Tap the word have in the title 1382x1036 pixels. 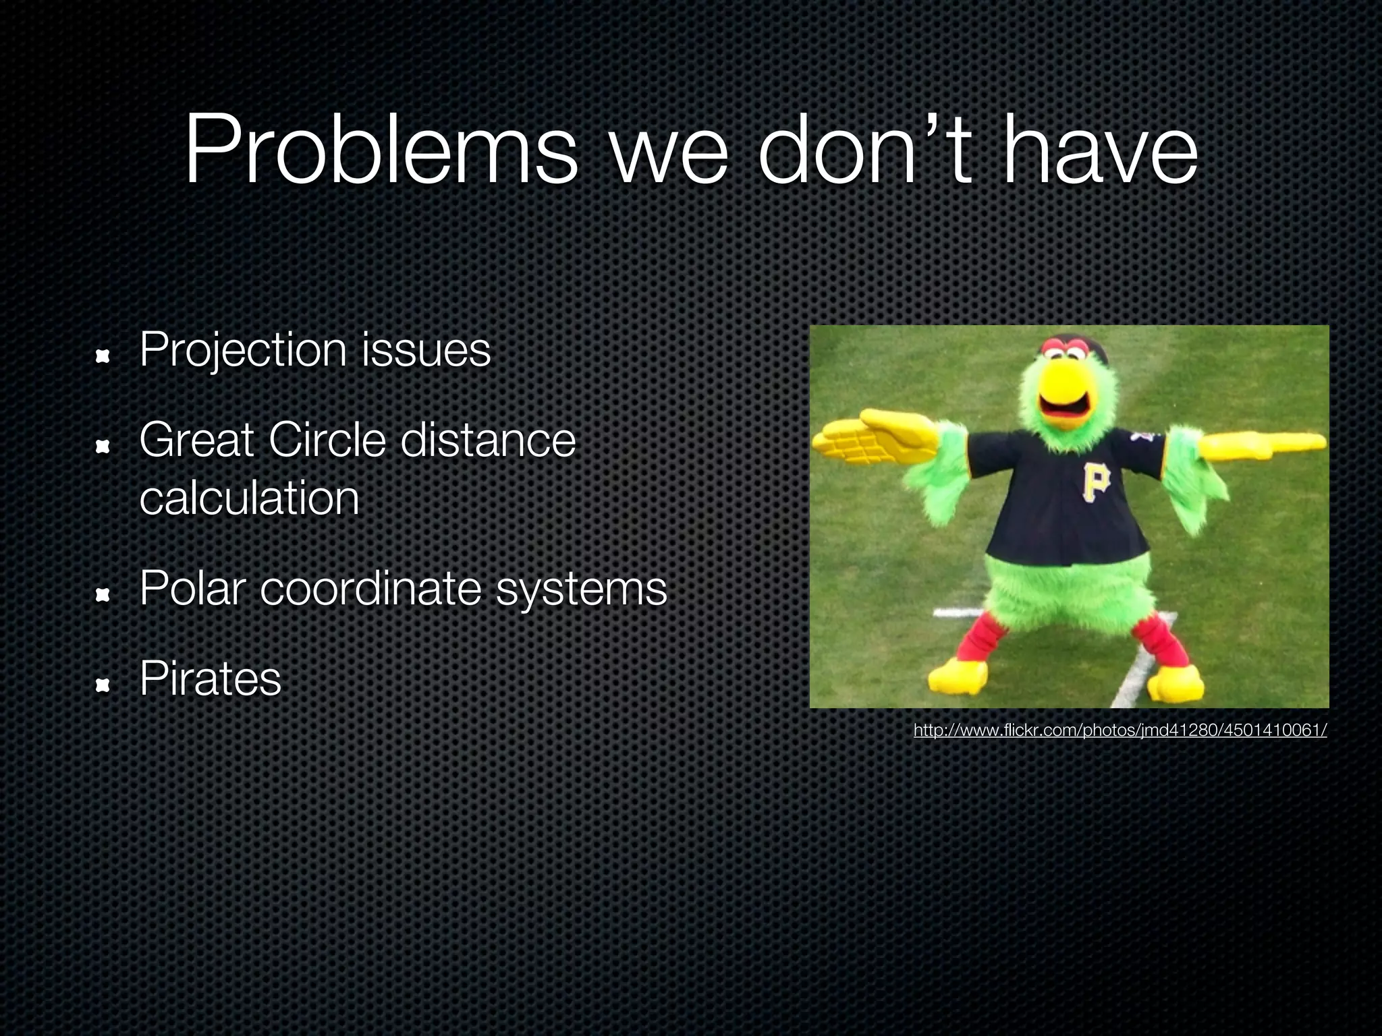click(x=1100, y=150)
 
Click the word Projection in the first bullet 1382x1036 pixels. click(x=243, y=351)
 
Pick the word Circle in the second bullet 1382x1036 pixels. click(x=327, y=440)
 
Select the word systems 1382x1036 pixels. click(x=581, y=589)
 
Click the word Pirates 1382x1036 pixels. click(x=210, y=679)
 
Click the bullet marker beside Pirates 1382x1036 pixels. click(x=103, y=686)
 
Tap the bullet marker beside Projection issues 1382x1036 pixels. click(x=103, y=356)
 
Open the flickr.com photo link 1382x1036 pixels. click(x=1120, y=730)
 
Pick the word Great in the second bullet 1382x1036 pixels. click(x=196, y=440)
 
